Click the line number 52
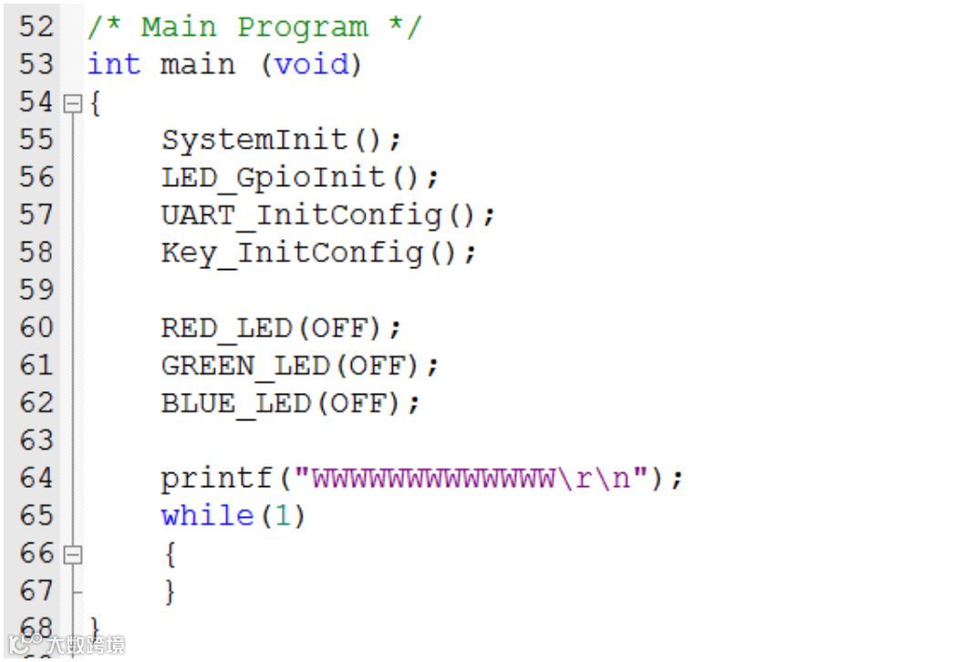36,26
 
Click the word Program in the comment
302,26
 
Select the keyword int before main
114,65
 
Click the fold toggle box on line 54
72,104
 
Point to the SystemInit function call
254,140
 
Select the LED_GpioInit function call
273,177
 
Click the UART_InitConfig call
301,215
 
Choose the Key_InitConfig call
292,252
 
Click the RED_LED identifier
227,327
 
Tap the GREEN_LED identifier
245,366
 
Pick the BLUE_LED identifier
236,403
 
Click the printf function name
217,478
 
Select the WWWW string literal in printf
432,478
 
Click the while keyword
208,516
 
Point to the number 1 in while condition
284,516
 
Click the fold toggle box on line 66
72,553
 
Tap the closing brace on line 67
169,592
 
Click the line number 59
36,290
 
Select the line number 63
36,440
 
